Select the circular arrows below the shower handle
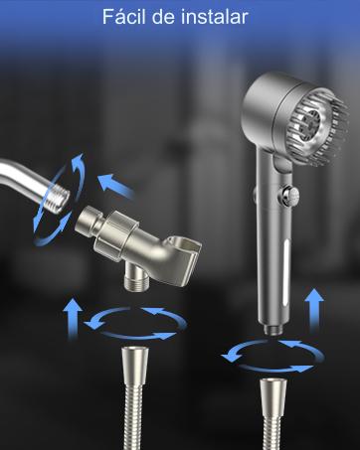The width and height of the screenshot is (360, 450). [270, 353]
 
